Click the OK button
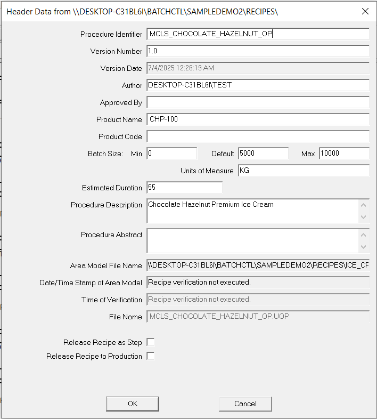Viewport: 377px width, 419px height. [132, 404]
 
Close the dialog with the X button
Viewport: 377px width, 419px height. [365, 11]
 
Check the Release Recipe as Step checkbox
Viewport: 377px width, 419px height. [151, 342]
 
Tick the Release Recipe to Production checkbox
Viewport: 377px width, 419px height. [151, 356]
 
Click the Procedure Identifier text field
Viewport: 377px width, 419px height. [258, 34]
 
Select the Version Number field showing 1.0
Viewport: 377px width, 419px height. [258, 51]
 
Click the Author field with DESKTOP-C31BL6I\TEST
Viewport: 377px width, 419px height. [258, 85]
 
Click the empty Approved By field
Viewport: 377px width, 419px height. [258, 102]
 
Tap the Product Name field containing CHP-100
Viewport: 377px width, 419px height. [258, 119]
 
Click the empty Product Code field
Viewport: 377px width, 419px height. [258, 136]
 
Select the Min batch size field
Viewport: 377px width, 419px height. [171, 154]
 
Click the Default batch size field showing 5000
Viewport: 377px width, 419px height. [263, 154]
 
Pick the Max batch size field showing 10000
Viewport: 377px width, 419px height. [344, 154]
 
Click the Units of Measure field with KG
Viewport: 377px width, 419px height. [304, 171]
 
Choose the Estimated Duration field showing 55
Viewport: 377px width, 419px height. [184, 188]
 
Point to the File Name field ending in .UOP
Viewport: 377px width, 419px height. [258, 317]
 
